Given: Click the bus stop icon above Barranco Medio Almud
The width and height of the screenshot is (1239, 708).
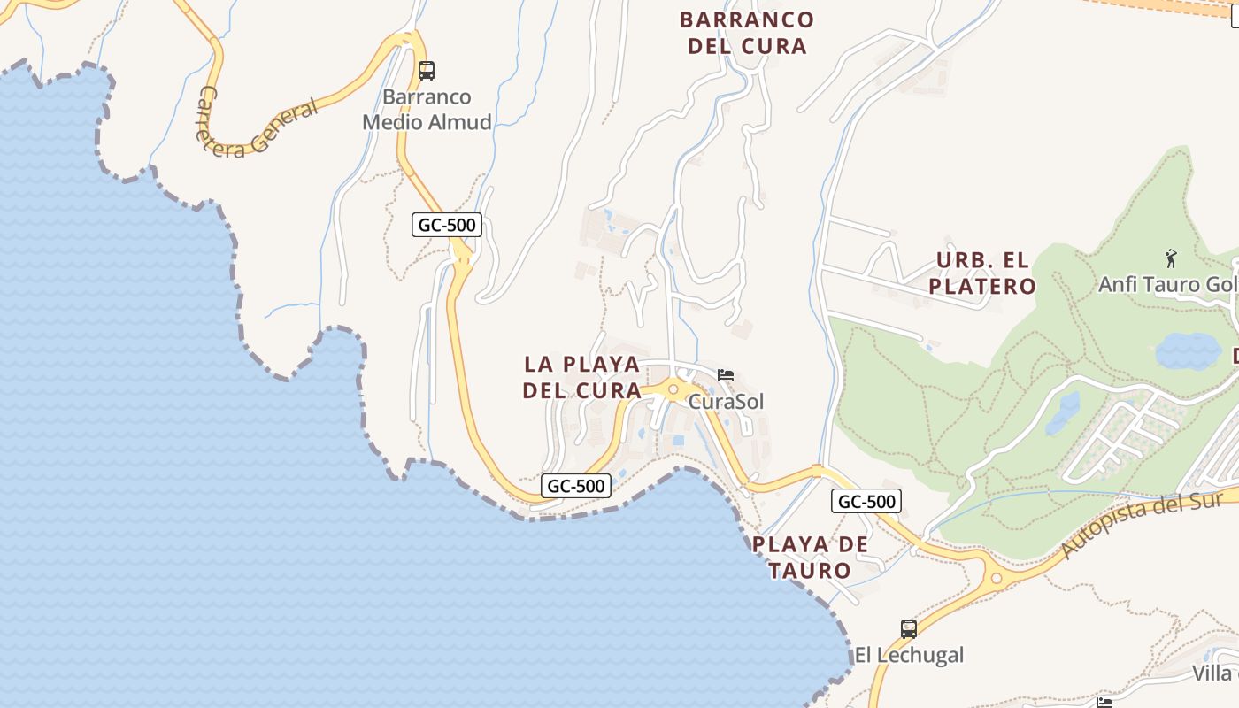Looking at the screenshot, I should point(427,70).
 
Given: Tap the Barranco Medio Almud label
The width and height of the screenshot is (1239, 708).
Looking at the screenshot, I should point(427,110).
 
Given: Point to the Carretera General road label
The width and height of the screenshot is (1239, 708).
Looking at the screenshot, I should point(258,125).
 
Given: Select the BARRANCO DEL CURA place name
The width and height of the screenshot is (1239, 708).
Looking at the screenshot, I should point(747,33).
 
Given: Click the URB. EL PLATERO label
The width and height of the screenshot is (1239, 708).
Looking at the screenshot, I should point(982,273).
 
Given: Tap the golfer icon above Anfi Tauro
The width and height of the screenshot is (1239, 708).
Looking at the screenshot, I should point(1172,258).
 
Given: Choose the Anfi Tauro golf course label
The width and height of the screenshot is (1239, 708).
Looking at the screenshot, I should point(1167,284).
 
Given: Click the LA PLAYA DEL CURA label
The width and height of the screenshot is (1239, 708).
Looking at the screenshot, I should point(581,377).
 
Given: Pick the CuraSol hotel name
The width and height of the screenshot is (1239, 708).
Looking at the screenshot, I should point(726,402).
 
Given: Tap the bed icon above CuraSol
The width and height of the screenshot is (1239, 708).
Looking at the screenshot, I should point(726,375).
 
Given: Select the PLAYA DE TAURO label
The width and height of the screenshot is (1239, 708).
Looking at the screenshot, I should point(810,557).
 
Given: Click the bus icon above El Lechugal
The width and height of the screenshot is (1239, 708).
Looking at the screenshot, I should point(909,629).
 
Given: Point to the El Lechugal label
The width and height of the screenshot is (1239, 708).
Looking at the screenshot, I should point(909,655).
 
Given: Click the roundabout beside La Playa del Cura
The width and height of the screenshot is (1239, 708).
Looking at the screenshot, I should point(673,389).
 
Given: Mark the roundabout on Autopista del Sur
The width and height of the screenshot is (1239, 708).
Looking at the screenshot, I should point(997,579).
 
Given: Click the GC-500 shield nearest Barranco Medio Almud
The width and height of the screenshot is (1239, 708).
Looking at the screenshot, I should point(447,225).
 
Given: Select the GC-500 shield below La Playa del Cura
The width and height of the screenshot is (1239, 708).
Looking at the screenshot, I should point(576,486).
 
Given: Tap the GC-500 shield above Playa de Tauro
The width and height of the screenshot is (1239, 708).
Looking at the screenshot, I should point(866,502).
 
